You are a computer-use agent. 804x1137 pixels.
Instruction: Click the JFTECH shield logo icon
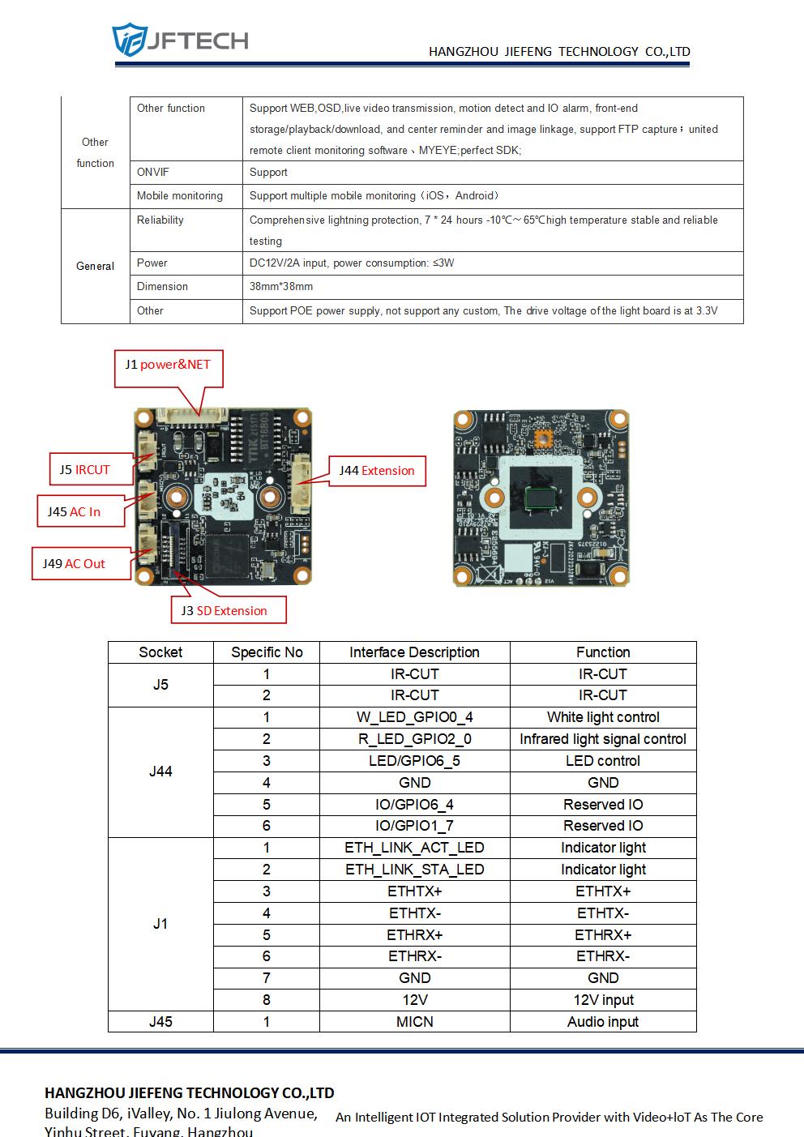pos(130,39)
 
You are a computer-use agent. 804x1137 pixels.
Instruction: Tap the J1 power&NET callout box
pos(169,369)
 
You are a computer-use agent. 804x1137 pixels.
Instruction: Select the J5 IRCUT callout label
pos(92,469)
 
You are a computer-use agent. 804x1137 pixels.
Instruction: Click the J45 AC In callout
pos(81,511)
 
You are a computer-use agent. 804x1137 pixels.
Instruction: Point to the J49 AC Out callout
pos(81,563)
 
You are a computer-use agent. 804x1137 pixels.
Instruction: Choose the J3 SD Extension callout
pos(229,610)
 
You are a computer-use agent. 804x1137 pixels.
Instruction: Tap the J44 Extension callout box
pos(377,471)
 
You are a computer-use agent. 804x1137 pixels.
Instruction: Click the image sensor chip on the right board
pos(541,498)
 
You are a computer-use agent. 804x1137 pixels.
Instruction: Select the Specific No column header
pos(267,652)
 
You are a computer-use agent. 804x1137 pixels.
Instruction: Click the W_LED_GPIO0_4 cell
pos(415,717)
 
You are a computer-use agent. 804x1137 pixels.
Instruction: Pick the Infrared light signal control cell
pos(603,739)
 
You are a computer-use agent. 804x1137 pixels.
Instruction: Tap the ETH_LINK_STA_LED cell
pos(415,870)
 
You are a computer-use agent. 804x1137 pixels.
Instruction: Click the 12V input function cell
pos(603,1000)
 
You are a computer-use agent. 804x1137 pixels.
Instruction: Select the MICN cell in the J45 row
pos(415,1022)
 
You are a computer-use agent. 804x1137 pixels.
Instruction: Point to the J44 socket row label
pos(160,772)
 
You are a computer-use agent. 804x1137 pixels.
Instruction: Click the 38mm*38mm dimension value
pos(281,287)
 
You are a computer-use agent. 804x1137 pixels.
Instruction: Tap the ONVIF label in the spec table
pos(153,173)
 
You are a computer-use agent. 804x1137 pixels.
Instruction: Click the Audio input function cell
pos(603,1022)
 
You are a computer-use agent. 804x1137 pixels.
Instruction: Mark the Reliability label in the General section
pos(160,220)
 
